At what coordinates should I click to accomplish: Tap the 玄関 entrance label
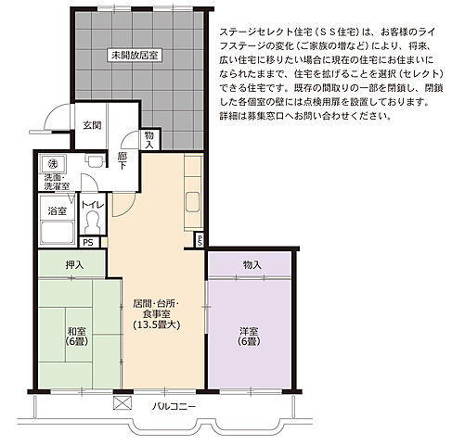click(x=92, y=125)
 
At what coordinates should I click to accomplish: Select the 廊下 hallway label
click(x=122, y=160)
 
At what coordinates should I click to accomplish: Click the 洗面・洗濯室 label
click(x=58, y=182)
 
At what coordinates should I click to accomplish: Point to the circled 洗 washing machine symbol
click(x=54, y=163)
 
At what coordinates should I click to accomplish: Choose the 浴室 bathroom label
click(x=58, y=211)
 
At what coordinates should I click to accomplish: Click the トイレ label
click(x=92, y=203)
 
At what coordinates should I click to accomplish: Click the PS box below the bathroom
click(x=88, y=243)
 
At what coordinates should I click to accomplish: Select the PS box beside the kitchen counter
click(x=200, y=239)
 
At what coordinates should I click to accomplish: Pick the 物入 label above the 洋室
click(x=252, y=265)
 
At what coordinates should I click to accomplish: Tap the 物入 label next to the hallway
click(x=150, y=138)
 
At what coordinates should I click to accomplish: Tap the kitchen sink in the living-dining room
click(x=193, y=205)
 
